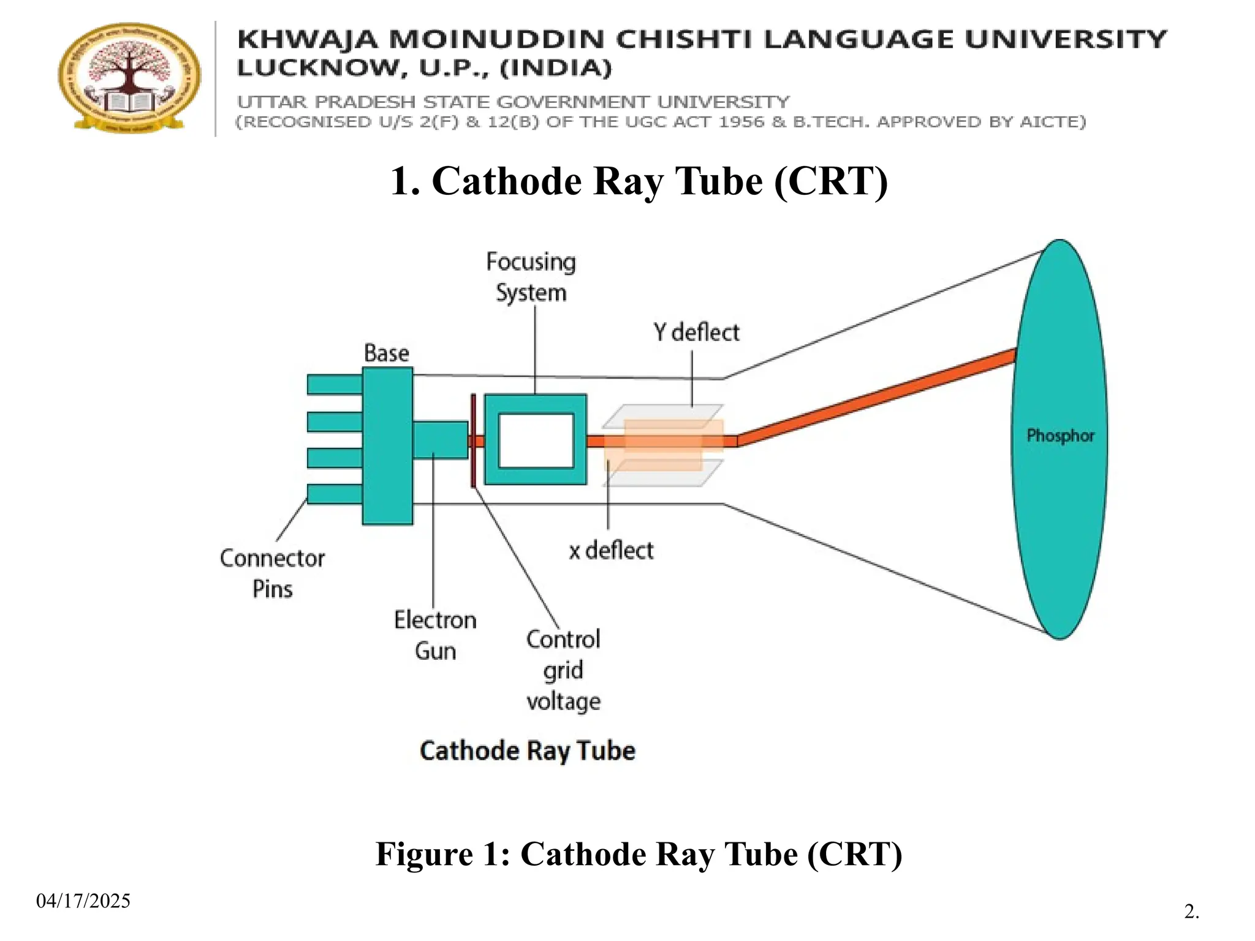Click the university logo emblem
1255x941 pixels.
click(129, 77)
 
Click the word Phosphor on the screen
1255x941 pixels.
click(1060, 436)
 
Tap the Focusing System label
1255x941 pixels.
click(531, 277)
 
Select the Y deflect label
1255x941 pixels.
click(696, 333)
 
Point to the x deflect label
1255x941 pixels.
click(611, 550)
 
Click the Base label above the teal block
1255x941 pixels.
click(386, 353)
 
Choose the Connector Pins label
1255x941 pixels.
click(272, 573)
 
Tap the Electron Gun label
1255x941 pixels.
click(435, 635)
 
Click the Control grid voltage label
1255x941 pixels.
click(563, 670)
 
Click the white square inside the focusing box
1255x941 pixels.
click(536, 440)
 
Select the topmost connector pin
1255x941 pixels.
click(335, 384)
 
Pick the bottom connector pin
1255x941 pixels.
click(335, 494)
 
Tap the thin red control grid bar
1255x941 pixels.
click(473, 440)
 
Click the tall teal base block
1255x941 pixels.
click(387, 445)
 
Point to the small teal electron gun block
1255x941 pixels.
click(440, 440)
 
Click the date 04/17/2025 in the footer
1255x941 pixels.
click(83, 901)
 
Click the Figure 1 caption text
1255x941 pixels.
click(639, 854)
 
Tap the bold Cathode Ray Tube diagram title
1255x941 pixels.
click(527, 751)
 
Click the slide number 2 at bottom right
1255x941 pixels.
click(1191, 912)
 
